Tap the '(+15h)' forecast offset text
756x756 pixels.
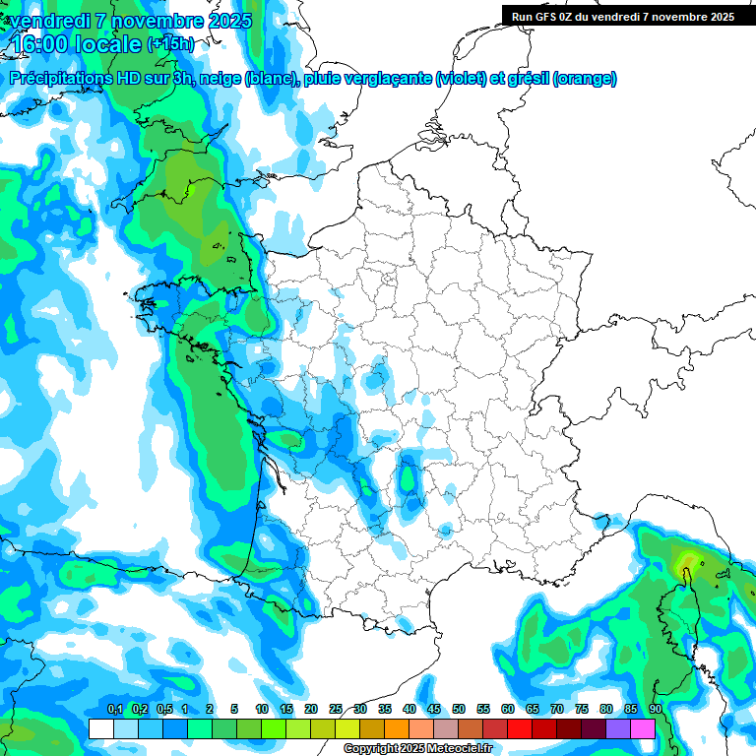170,43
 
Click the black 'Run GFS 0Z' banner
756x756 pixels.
622,16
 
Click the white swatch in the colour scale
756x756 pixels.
100,728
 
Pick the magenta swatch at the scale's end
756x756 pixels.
643,728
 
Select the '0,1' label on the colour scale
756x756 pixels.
114,710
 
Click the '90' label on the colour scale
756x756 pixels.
656,710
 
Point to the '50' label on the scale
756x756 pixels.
459,710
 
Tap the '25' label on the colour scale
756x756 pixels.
336,710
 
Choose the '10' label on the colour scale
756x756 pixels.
262,710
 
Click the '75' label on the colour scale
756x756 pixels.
582,710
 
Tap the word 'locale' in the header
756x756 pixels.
104,43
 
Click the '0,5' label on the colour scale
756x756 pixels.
163,710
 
